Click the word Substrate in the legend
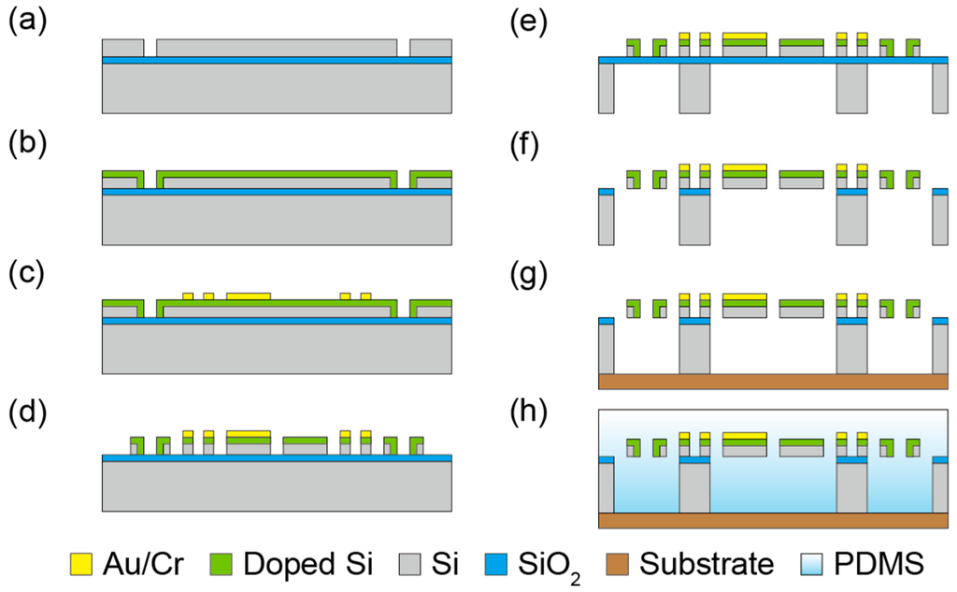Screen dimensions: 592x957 (708, 564)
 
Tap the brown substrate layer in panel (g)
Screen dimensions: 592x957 (773, 381)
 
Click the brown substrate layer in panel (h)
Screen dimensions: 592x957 (773, 520)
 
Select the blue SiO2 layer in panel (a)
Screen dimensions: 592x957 (277, 60)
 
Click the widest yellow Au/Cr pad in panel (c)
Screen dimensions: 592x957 (249, 296)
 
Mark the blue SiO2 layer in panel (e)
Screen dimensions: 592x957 (773, 61)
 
